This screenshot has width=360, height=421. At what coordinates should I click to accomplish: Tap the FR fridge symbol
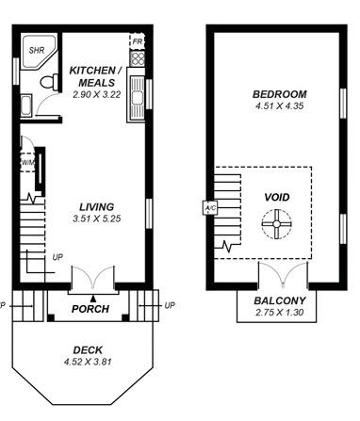click(137, 42)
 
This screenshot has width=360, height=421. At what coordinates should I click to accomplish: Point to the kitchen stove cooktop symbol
click(138, 57)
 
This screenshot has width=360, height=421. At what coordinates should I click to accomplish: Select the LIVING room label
click(96, 206)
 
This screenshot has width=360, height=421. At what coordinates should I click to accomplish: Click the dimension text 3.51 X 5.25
click(97, 219)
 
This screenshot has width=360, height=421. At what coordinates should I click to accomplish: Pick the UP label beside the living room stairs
click(57, 256)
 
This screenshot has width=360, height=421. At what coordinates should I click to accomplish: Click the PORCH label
click(90, 309)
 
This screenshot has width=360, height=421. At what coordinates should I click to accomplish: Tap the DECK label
click(88, 349)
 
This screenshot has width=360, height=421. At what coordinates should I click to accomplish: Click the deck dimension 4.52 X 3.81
click(88, 361)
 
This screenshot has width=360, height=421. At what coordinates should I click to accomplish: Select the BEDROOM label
click(280, 94)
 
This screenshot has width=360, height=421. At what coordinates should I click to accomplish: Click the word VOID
click(277, 198)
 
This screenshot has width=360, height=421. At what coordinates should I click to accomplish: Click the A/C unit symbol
click(209, 208)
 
